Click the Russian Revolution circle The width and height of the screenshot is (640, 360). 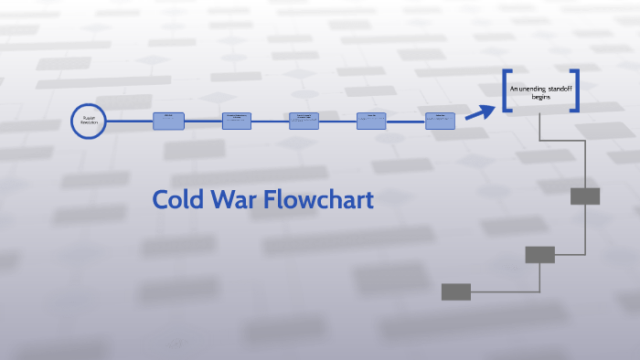(x=89, y=121)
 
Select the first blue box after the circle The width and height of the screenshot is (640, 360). (x=168, y=121)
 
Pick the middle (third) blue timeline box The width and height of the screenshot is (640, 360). (x=304, y=121)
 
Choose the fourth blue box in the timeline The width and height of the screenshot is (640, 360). (x=371, y=121)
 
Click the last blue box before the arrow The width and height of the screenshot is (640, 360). (x=440, y=121)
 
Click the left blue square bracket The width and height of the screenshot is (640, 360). (x=506, y=90)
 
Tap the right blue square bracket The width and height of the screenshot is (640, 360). (x=576, y=90)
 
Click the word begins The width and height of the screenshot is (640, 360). (x=541, y=96)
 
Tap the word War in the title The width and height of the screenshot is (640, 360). (x=235, y=200)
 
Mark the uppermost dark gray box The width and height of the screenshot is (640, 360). (x=585, y=196)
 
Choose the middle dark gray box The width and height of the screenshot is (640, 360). (x=539, y=255)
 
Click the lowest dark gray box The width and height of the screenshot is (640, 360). (x=456, y=291)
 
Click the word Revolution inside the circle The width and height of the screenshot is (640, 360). (x=89, y=123)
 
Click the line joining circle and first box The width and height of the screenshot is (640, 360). (x=130, y=121)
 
